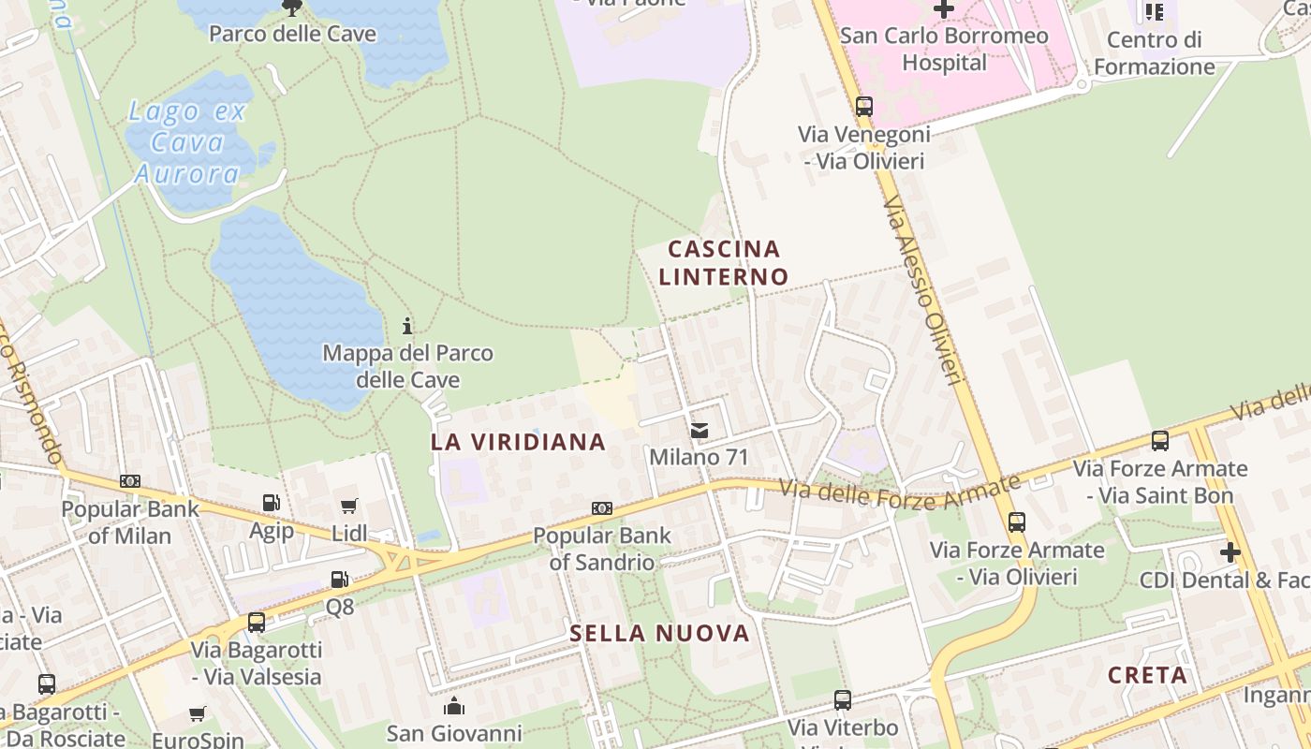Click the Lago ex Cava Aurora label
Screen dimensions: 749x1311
click(187, 142)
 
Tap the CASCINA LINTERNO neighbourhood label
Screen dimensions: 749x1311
click(723, 262)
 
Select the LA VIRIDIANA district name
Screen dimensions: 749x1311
click(518, 442)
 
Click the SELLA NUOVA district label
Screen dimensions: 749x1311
click(660, 634)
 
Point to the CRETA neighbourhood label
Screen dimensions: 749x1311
click(1147, 675)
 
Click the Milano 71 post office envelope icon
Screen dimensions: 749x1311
click(700, 431)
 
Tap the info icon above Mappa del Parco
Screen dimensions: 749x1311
click(407, 326)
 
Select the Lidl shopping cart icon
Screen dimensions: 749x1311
click(349, 506)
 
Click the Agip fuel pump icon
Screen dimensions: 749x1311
click(271, 503)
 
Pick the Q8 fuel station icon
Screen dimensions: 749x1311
click(339, 580)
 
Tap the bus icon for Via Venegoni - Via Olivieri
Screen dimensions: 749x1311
click(863, 107)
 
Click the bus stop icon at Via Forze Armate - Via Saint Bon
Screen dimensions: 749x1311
click(1159, 440)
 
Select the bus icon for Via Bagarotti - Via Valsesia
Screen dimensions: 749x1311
click(256, 622)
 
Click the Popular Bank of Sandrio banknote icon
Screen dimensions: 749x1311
click(601, 508)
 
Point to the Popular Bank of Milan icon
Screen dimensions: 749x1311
click(130, 481)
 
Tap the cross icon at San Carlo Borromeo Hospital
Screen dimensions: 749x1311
click(943, 9)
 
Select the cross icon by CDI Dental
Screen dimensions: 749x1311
click(1230, 552)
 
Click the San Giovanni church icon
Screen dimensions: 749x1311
click(454, 705)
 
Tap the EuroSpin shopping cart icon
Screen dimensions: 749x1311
click(198, 714)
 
